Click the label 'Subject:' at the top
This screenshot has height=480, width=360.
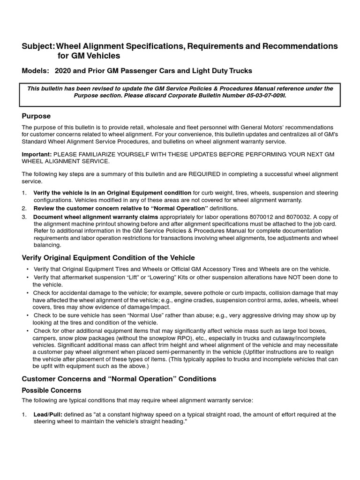(38, 46)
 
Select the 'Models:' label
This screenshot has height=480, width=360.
(35, 71)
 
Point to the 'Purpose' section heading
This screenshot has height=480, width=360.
(36, 116)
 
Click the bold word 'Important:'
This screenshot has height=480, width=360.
(37, 154)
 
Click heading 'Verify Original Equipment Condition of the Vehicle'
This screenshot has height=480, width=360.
(108, 258)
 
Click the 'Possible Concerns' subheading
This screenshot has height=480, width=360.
(52, 390)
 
